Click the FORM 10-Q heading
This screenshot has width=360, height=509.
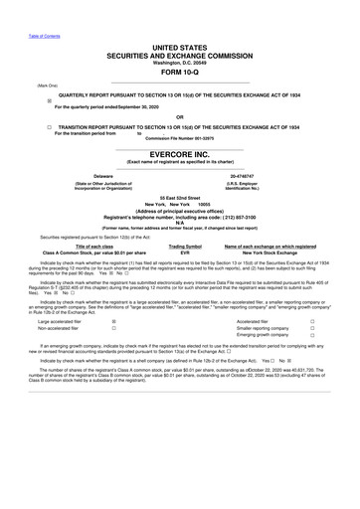pos(180,72)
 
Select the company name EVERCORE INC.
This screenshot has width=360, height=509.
pos(180,156)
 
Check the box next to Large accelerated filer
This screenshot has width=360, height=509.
pos(114,322)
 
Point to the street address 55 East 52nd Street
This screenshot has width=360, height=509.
pos(180,201)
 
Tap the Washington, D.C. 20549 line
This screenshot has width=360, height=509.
pos(180,62)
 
